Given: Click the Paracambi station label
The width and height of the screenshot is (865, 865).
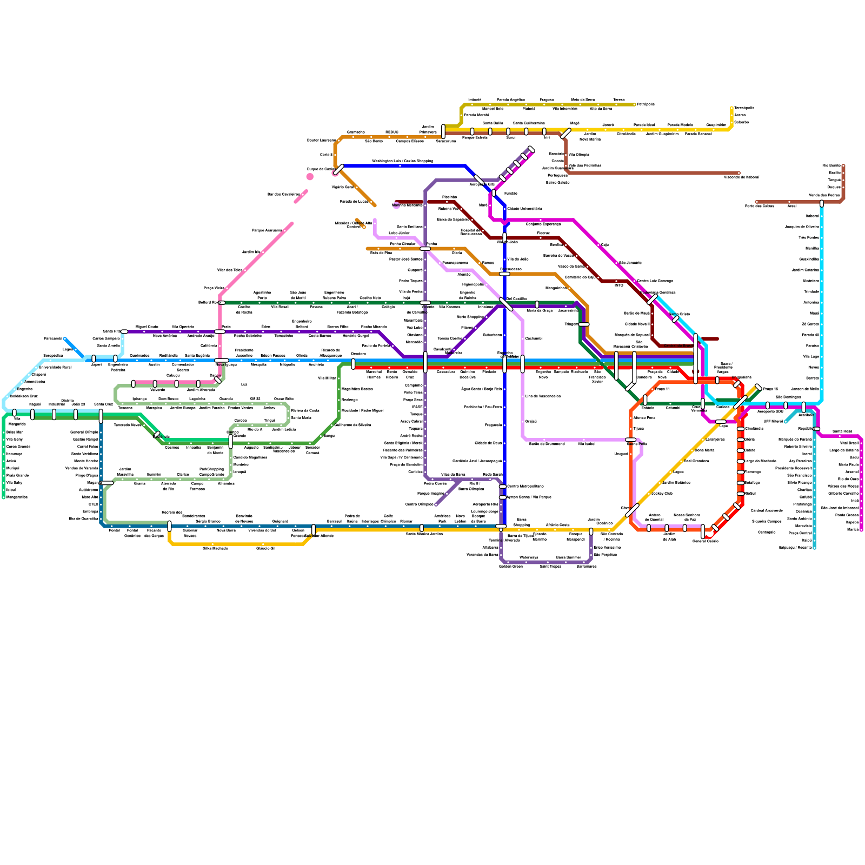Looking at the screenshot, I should (53, 339).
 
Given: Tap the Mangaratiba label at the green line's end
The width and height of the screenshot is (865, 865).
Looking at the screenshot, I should (17, 497).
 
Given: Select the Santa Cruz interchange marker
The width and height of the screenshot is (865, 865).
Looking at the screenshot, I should (101, 416).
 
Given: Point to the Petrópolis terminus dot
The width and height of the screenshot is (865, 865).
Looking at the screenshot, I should (635, 104).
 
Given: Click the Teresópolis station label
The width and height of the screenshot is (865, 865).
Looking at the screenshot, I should (744, 108).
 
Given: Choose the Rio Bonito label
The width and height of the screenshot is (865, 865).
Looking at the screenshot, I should (831, 165).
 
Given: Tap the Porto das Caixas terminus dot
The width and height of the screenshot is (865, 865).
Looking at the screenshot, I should (756, 202).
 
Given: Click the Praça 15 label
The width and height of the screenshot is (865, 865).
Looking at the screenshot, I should (770, 389).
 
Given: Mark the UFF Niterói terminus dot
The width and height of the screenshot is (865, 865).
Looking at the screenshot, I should (786, 422).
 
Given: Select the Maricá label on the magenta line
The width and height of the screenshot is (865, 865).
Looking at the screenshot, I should (853, 530).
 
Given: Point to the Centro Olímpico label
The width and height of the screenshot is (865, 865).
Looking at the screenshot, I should (420, 504).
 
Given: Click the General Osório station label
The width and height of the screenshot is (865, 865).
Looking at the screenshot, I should (705, 541).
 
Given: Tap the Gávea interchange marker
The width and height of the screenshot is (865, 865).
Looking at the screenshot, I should (632, 510).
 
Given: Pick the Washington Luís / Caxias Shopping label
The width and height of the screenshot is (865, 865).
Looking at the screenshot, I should (402, 161).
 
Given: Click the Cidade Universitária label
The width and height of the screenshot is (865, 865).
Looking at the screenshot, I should (524, 209).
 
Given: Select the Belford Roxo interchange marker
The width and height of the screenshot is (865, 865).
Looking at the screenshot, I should (221, 303).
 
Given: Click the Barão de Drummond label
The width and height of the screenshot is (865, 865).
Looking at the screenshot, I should (547, 444).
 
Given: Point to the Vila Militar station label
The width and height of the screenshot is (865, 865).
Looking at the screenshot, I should (327, 378).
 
